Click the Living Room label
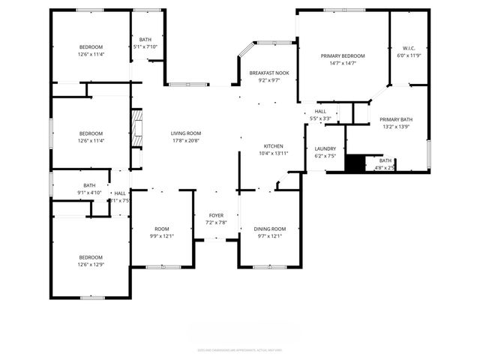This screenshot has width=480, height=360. (186, 133)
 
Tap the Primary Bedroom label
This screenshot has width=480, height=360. (343, 55)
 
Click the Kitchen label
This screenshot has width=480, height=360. (273, 145)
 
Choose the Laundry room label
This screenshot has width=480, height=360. (325, 148)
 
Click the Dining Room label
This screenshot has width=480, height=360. (268, 228)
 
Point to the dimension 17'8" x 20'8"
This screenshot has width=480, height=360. (186, 140)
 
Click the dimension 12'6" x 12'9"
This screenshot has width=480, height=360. (91, 263)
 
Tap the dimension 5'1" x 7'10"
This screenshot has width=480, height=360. (145, 47)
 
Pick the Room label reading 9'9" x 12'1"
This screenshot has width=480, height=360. (162, 229)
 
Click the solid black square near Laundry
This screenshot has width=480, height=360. (353, 163)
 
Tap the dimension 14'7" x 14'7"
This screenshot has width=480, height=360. (343, 64)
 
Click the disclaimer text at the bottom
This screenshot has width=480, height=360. (239, 349)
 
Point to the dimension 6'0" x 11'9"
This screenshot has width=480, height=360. (409, 55)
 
